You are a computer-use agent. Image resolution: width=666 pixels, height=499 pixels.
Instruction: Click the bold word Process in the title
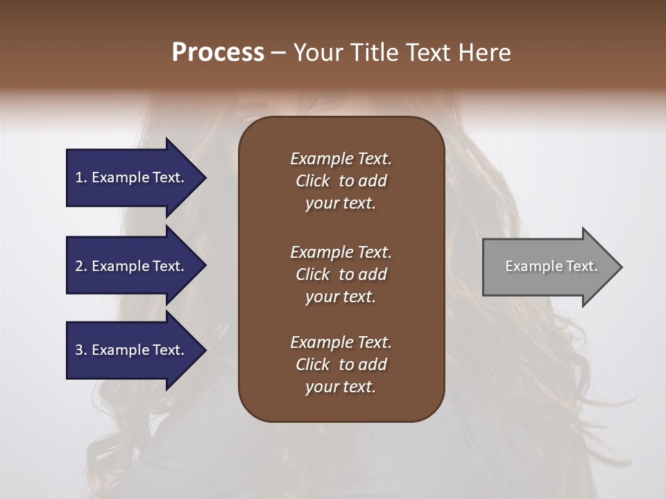218,53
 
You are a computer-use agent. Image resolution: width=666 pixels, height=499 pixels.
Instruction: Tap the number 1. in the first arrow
80,177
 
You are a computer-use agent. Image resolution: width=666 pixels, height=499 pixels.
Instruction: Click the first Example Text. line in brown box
341,159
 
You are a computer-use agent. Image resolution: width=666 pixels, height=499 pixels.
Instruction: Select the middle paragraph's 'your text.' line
341,297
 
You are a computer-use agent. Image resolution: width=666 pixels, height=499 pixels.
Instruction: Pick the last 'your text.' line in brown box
341,387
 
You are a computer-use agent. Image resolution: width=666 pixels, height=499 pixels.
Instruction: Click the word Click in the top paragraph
313,181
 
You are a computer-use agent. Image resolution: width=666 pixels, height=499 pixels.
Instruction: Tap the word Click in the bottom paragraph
313,365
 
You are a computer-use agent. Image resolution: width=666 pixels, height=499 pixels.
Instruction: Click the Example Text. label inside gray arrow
552,266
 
